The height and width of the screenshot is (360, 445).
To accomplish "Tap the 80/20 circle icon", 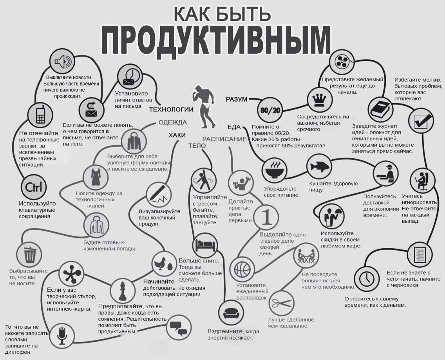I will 270,110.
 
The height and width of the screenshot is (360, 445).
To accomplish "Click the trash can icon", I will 30,255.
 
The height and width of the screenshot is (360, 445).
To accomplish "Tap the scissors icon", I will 281,303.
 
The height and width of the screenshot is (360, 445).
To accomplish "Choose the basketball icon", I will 242,269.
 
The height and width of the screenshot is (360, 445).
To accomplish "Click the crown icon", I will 319,100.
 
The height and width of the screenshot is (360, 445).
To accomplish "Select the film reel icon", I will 342,62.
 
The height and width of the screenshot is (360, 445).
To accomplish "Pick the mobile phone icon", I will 40,115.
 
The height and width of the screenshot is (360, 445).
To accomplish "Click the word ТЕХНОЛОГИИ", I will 171,109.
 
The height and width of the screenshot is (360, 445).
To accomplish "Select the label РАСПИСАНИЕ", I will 224,139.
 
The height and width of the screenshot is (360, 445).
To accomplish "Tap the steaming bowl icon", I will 274,170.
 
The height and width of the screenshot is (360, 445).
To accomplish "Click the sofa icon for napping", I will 229,313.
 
